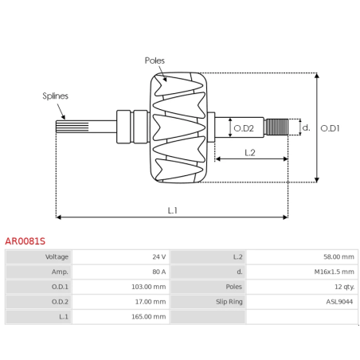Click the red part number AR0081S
pos(25,240)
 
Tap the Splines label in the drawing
pos(55,96)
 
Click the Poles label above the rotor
pos(155,61)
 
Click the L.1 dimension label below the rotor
pos(172,210)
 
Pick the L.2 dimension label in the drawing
pos(248,151)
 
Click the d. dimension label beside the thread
pos(305,127)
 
